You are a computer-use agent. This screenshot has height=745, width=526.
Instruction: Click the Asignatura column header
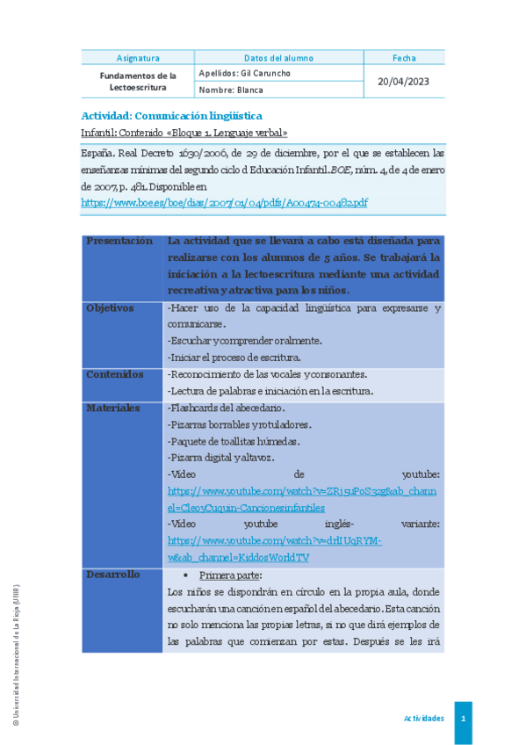pos(138,58)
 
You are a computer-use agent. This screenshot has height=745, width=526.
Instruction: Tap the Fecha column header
pos(404,58)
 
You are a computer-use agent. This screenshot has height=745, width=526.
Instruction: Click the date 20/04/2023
pos(404,82)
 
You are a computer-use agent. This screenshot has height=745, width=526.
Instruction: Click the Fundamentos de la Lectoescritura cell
pos(138,82)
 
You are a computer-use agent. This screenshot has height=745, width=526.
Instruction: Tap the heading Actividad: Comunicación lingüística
pos(171,116)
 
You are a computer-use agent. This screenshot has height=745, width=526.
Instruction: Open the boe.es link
pos(224,202)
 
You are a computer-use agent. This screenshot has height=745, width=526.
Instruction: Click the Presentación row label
pos(120,241)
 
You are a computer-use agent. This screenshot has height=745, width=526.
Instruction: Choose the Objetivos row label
pos(110,308)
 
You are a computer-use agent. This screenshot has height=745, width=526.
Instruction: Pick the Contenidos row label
pos(114,374)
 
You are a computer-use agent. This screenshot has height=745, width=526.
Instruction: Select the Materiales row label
pos(113,408)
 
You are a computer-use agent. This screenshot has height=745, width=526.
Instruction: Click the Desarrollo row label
pos(113,575)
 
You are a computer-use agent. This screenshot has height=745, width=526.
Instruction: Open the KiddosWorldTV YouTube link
pos(275,549)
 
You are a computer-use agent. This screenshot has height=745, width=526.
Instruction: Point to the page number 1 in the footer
pos(463,719)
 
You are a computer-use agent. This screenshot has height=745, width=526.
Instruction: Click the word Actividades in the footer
pos(423,719)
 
